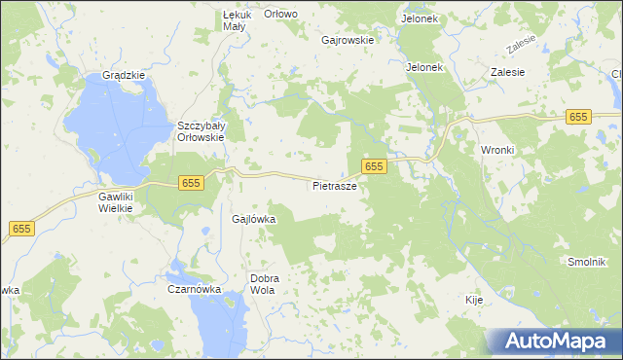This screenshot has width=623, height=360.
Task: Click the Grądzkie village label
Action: coord(124,75)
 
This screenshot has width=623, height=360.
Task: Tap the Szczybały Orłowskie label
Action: coord(201,131)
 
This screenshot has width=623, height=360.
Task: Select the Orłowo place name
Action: coord(280,14)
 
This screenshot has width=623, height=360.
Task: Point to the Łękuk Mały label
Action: coord(237,20)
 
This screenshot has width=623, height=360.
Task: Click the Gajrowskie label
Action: coord(348,40)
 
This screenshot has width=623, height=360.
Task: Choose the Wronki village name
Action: coord(496,150)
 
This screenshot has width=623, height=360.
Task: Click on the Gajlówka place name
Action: coord(254,219)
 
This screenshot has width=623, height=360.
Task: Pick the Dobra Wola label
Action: coord(265,283)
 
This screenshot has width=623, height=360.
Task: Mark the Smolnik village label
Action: coord(587,263)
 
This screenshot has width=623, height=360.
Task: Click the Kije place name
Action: coord(474,300)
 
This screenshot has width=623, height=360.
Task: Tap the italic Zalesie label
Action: coord(522,45)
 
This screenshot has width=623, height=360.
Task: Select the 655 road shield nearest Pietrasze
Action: coord(375,166)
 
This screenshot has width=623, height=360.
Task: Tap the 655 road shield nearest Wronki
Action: coord(578,116)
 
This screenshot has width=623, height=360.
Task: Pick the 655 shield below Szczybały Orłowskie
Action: coord(190,183)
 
